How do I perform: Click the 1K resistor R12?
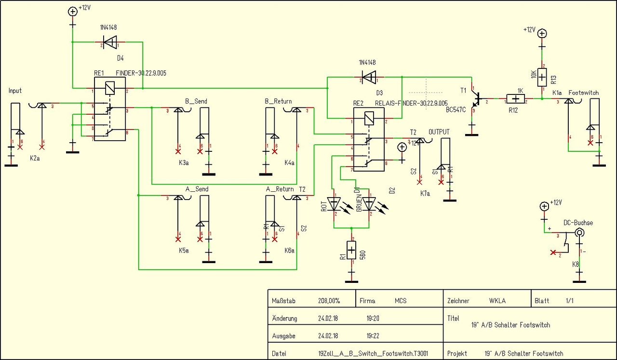(x=516, y=99)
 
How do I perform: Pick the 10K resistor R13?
(x=542, y=76)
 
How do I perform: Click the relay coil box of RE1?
(x=110, y=88)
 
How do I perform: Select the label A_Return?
(x=280, y=189)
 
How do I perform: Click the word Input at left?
(x=15, y=91)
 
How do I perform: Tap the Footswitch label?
(x=584, y=92)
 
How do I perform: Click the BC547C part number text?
(x=456, y=110)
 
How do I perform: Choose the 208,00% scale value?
(x=329, y=301)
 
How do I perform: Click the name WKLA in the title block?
(x=498, y=301)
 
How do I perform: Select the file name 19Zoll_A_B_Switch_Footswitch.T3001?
(x=366, y=353)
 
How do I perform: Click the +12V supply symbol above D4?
(x=73, y=11)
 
